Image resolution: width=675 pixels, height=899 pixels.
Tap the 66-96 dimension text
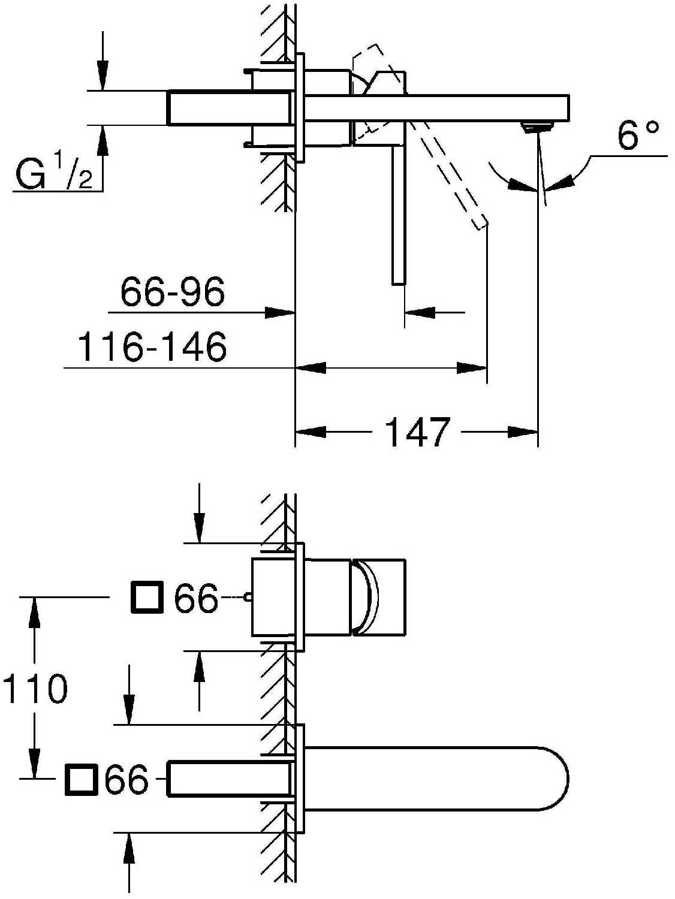[173, 292]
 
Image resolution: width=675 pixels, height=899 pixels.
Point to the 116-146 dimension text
[152, 346]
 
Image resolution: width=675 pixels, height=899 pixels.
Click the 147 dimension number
[417, 432]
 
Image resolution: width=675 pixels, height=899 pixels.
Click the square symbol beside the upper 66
[147, 598]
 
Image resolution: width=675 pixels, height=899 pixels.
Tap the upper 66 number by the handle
[195, 598]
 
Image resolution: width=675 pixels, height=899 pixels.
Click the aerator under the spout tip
[537, 126]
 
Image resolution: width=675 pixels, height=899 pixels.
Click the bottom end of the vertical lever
[399, 283]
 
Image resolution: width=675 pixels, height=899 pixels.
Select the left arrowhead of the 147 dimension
[311, 432]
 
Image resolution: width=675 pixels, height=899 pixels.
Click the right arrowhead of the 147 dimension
[523, 432]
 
